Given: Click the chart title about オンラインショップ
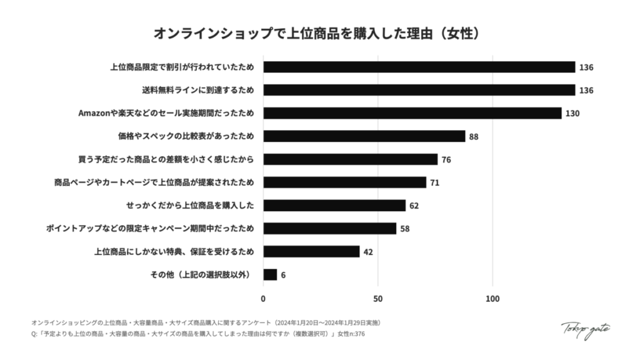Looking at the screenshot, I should pos(319,32).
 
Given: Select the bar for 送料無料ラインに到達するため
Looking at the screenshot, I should pos(419,90).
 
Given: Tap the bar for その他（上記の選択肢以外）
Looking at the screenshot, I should pos(270,274).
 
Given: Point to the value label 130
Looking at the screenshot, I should pos(572,113).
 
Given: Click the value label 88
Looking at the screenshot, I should pos(474,136).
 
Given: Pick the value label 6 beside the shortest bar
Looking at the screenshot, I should pos(283,274).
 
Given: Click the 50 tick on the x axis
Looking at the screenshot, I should pos(377,299).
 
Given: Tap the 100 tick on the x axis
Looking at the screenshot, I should pos(492,299).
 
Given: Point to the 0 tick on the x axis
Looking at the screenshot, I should pos(263,299).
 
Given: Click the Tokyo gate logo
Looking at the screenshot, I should pos(585,329).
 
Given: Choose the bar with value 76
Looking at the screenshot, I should pos(350,159).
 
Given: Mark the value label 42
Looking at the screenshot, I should pos(368,252).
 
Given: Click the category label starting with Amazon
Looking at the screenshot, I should pos(166,113).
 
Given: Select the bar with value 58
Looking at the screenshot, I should pos(329,228).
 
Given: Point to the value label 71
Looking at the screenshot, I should pos(434,182).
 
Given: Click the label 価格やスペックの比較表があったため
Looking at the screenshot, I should pos(186,136).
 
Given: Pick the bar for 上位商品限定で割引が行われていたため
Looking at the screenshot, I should pos(419,67).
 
